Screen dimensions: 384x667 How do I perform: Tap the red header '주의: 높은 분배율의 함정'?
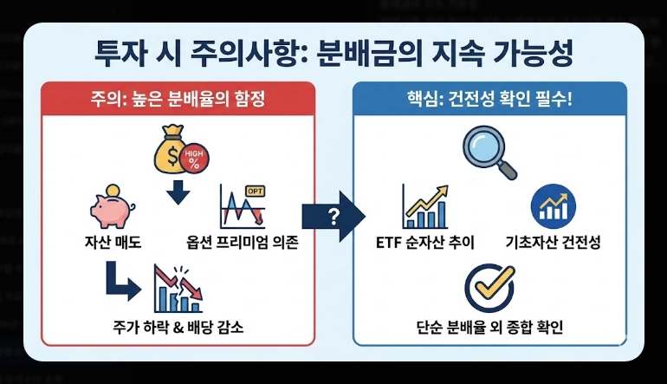pyautogui.click(x=178, y=99)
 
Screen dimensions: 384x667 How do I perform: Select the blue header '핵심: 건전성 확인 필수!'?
pyautogui.click(x=489, y=99)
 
